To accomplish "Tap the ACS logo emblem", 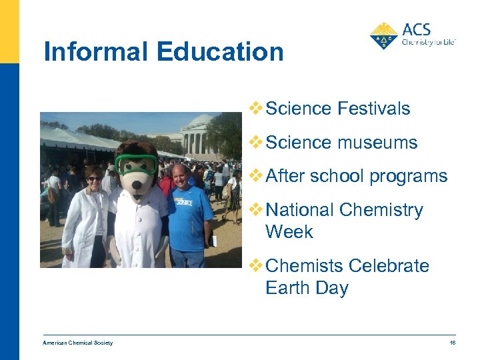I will (x=384, y=36).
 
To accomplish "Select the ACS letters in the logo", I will (x=417, y=29).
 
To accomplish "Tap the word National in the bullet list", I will (x=299, y=210).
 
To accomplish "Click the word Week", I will (x=289, y=232).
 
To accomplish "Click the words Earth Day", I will (x=307, y=288).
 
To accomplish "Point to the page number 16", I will (x=451, y=343).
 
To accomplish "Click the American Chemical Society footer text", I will (x=78, y=343).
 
